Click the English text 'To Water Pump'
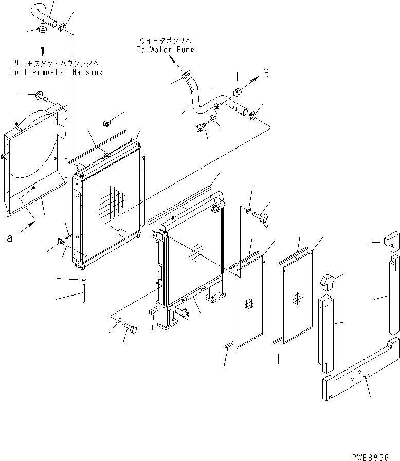[x=166, y=50]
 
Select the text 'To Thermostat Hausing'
[x=56, y=72]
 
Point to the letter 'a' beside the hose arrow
[x=265, y=73]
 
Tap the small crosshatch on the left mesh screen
[x=249, y=304]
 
